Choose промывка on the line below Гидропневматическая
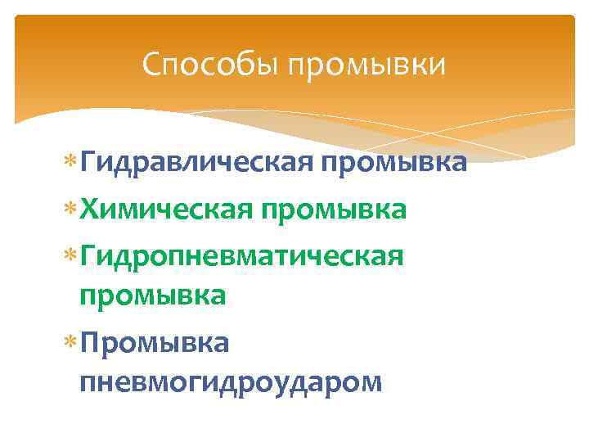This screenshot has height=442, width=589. pos(152,295)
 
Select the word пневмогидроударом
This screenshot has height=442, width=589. pos(231,381)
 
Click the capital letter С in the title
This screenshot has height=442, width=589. pos(151,64)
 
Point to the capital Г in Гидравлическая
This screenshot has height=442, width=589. pos(87,162)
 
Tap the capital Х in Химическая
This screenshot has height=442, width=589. pos(88,210)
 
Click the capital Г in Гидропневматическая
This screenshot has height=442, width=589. pos(87,256)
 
